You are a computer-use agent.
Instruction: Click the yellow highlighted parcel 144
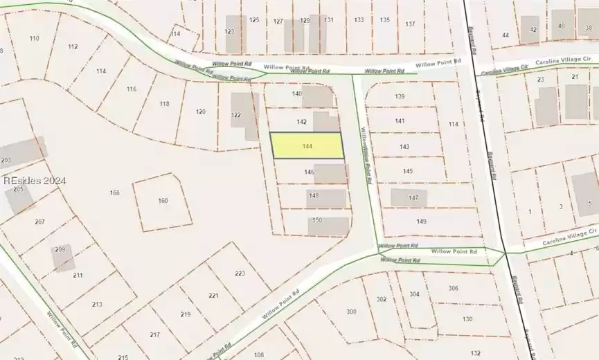point(306,145)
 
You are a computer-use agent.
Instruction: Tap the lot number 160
point(163,201)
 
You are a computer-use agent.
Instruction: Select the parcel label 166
point(115,192)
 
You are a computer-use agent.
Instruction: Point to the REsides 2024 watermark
point(35,181)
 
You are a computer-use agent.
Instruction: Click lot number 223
point(240,273)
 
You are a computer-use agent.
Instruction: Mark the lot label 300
point(351,312)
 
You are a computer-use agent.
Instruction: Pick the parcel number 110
point(34,38)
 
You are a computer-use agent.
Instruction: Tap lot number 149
point(421,222)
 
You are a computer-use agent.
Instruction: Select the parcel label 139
point(400,96)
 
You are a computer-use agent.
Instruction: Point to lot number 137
point(410,24)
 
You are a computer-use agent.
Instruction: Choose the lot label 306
point(453,288)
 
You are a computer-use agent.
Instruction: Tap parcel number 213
point(96,304)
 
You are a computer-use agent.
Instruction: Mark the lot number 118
point(164,104)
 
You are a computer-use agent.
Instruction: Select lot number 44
point(505,35)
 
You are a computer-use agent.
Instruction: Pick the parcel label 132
point(474,352)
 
